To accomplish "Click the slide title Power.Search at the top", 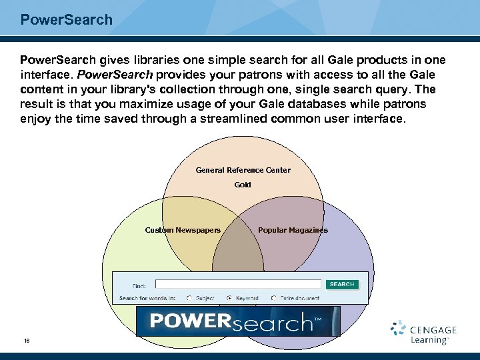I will (67, 19).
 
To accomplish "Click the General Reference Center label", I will (243, 170).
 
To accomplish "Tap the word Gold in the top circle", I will (243, 185).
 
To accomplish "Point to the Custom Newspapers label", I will (183, 230).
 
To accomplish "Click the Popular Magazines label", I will (293, 230).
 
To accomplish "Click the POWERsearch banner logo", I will (238, 321).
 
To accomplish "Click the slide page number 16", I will (27, 341).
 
